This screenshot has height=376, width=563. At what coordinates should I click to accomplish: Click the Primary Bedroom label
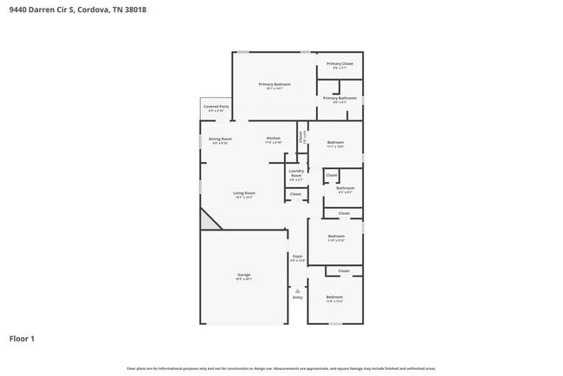[x=273, y=84]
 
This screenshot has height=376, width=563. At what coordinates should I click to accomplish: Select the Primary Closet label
[x=340, y=64]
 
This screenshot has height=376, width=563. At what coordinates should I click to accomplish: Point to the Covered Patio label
[x=216, y=107]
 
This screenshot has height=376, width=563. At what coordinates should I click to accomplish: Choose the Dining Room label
[x=220, y=139]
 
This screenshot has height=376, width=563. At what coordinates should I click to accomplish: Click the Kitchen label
[x=273, y=139]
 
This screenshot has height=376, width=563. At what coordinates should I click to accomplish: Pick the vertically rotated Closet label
[x=301, y=136]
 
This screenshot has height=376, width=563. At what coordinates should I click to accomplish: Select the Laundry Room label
[x=296, y=176]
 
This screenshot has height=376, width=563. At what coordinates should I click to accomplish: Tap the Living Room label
[x=243, y=193]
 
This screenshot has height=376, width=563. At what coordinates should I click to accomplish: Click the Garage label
[x=243, y=276]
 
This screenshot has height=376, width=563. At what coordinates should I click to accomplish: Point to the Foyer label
[x=297, y=256]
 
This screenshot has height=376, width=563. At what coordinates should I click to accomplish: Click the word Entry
[x=297, y=297]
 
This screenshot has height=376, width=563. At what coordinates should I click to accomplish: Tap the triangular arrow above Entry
[x=297, y=290]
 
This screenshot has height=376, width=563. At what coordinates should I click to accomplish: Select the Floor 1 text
[x=22, y=339]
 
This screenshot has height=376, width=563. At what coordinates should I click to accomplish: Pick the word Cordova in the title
[x=94, y=11]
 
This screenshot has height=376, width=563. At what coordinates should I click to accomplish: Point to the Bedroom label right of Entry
[x=334, y=298]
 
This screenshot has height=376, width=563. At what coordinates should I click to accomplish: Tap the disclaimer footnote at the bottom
[x=281, y=369]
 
